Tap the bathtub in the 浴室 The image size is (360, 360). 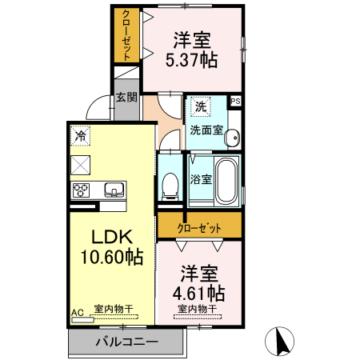pos(226,182)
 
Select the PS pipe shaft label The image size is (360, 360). pos(235,102)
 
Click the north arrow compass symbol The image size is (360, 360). pos(279,341)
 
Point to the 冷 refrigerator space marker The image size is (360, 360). pos(80,136)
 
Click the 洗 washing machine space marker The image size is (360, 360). pos(201,106)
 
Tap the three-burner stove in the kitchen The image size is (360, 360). pos(81,190)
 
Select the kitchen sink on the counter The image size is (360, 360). pos(114,190)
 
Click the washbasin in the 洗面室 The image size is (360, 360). pos(231,138)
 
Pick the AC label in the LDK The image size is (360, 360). pos(78,313)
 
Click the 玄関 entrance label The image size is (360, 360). pos(126,98)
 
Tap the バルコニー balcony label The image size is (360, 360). pos(127,342)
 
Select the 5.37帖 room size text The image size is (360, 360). pos(191,60)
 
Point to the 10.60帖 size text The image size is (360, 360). pos(112,257)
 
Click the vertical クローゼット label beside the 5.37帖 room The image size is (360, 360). pos(126,35)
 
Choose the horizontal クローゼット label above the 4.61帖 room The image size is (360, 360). pos(199,228)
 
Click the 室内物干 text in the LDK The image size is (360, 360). pos(114,309)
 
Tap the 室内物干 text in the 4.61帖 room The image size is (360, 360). pos(197,309)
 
